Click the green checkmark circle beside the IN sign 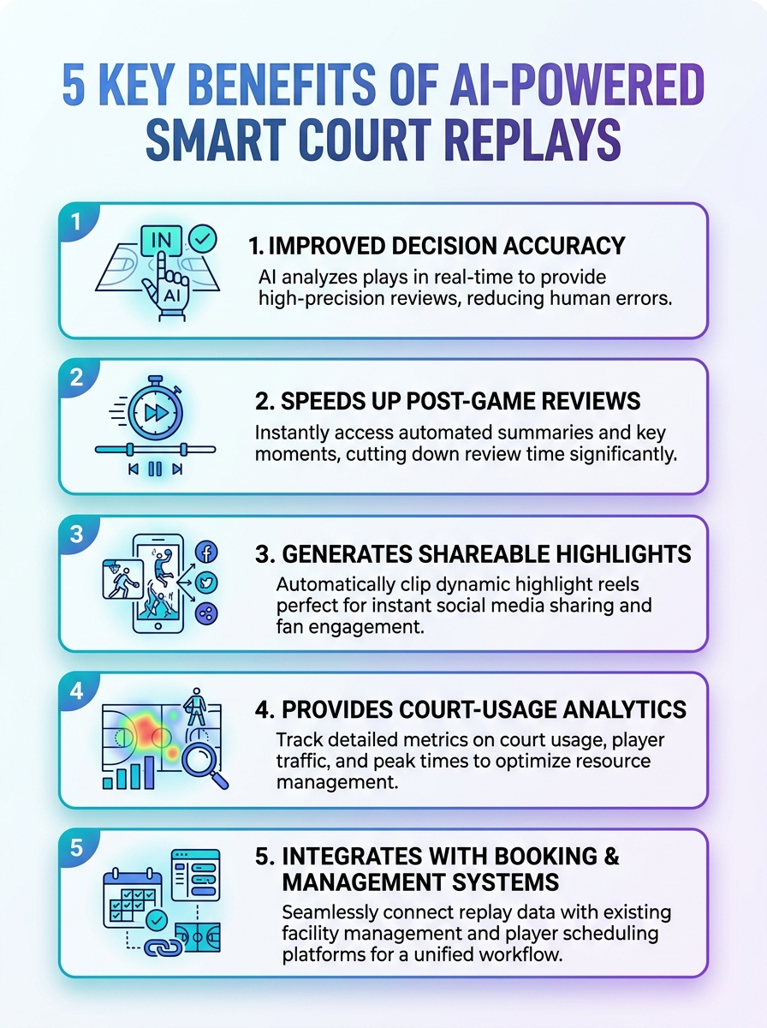click(202, 239)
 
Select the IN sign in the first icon click(162, 240)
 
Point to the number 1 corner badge click(76, 222)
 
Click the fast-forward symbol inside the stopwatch click(156, 413)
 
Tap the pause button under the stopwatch click(155, 469)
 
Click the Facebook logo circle click(206, 552)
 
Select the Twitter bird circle click(206, 583)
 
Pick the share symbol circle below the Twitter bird click(206, 613)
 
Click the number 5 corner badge click(76, 848)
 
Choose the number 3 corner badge click(76, 534)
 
